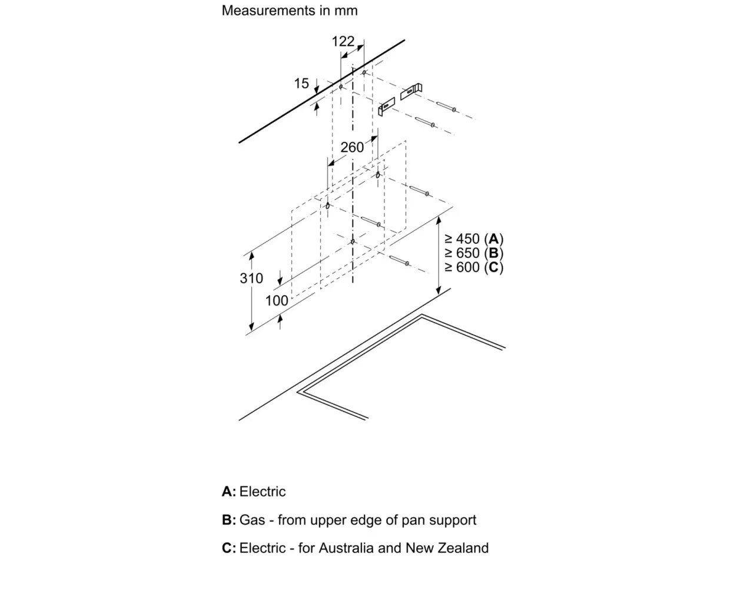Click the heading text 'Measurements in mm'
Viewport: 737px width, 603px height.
pyautogui.click(x=290, y=11)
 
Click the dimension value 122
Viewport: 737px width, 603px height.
pyautogui.click(x=343, y=42)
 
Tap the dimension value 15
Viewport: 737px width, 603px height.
pyautogui.click(x=301, y=83)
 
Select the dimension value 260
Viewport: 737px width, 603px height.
pyautogui.click(x=352, y=147)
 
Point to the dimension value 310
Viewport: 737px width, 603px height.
pyautogui.click(x=251, y=279)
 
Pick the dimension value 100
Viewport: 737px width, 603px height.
pyautogui.click(x=277, y=301)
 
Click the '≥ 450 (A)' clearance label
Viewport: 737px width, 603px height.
pyautogui.click(x=474, y=239)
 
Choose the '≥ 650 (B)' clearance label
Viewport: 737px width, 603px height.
pyautogui.click(x=474, y=253)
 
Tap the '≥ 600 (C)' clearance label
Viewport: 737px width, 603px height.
pyautogui.click(x=474, y=267)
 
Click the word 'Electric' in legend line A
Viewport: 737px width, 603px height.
pyautogui.click(x=263, y=492)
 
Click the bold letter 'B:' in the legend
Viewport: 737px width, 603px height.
pyautogui.click(x=229, y=520)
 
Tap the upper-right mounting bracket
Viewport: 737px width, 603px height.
pyautogui.click(x=411, y=91)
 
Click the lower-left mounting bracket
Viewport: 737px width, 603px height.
pyautogui.click(x=387, y=106)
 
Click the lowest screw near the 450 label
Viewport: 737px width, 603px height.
pyautogui.click(x=400, y=260)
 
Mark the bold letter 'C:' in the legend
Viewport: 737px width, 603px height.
pyautogui.click(x=229, y=548)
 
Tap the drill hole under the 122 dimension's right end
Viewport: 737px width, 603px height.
pyautogui.click(x=364, y=72)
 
